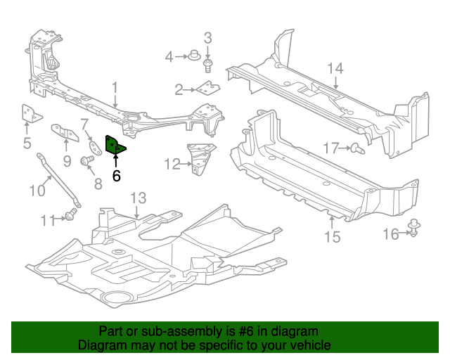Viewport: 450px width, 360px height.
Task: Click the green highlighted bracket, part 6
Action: point(115,145)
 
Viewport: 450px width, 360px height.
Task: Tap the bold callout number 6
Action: point(116,176)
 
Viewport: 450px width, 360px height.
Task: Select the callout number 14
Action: point(335,69)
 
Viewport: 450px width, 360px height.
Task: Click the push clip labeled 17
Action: point(358,148)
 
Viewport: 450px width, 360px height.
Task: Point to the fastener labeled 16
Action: point(413,228)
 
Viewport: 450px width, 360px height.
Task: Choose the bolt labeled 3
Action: point(207,65)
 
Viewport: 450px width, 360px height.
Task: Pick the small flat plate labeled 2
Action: point(208,88)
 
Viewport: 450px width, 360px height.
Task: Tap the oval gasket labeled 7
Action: point(95,148)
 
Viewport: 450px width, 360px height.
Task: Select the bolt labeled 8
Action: point(87,160)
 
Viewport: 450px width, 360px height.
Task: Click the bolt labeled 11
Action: point(70,214)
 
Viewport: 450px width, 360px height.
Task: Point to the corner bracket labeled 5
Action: point(31,113)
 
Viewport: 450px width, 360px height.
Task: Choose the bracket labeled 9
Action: point(65,133)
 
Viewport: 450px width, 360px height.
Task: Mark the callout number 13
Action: point(139,198)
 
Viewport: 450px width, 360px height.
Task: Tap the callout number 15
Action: point(333,237)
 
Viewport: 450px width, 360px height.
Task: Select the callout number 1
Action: point(115,88)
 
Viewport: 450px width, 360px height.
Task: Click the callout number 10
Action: point(37,191)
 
